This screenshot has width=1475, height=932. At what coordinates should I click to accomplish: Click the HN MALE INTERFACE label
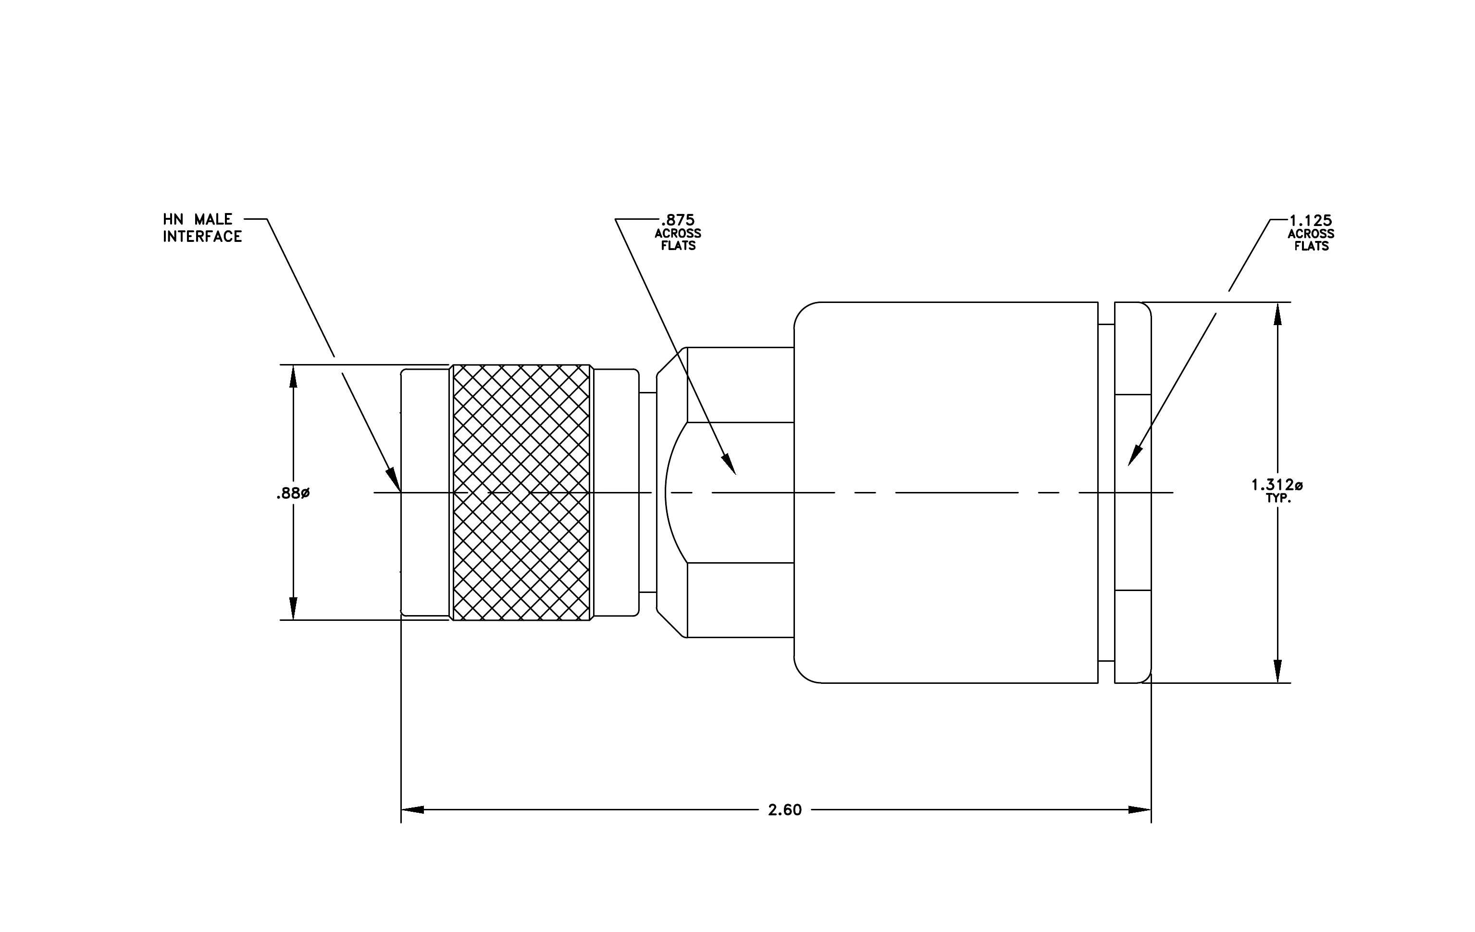(x=203, y=228)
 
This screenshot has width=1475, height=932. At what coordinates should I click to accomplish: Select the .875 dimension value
(x=678, y=220)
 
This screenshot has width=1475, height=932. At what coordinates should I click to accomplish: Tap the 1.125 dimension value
(x=1310, y=220)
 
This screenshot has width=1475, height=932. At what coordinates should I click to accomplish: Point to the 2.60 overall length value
(x=785, y=810)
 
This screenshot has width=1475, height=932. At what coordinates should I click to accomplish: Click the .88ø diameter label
(x=293, y=493)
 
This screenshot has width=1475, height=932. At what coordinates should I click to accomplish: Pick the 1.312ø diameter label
(x=1277, y=485)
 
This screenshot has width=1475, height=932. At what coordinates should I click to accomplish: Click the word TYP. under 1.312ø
(x=1278, y=499)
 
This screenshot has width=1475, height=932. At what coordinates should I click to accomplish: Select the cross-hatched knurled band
(x=521, y=492)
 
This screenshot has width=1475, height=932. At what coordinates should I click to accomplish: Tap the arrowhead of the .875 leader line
(x=729, y=464)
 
